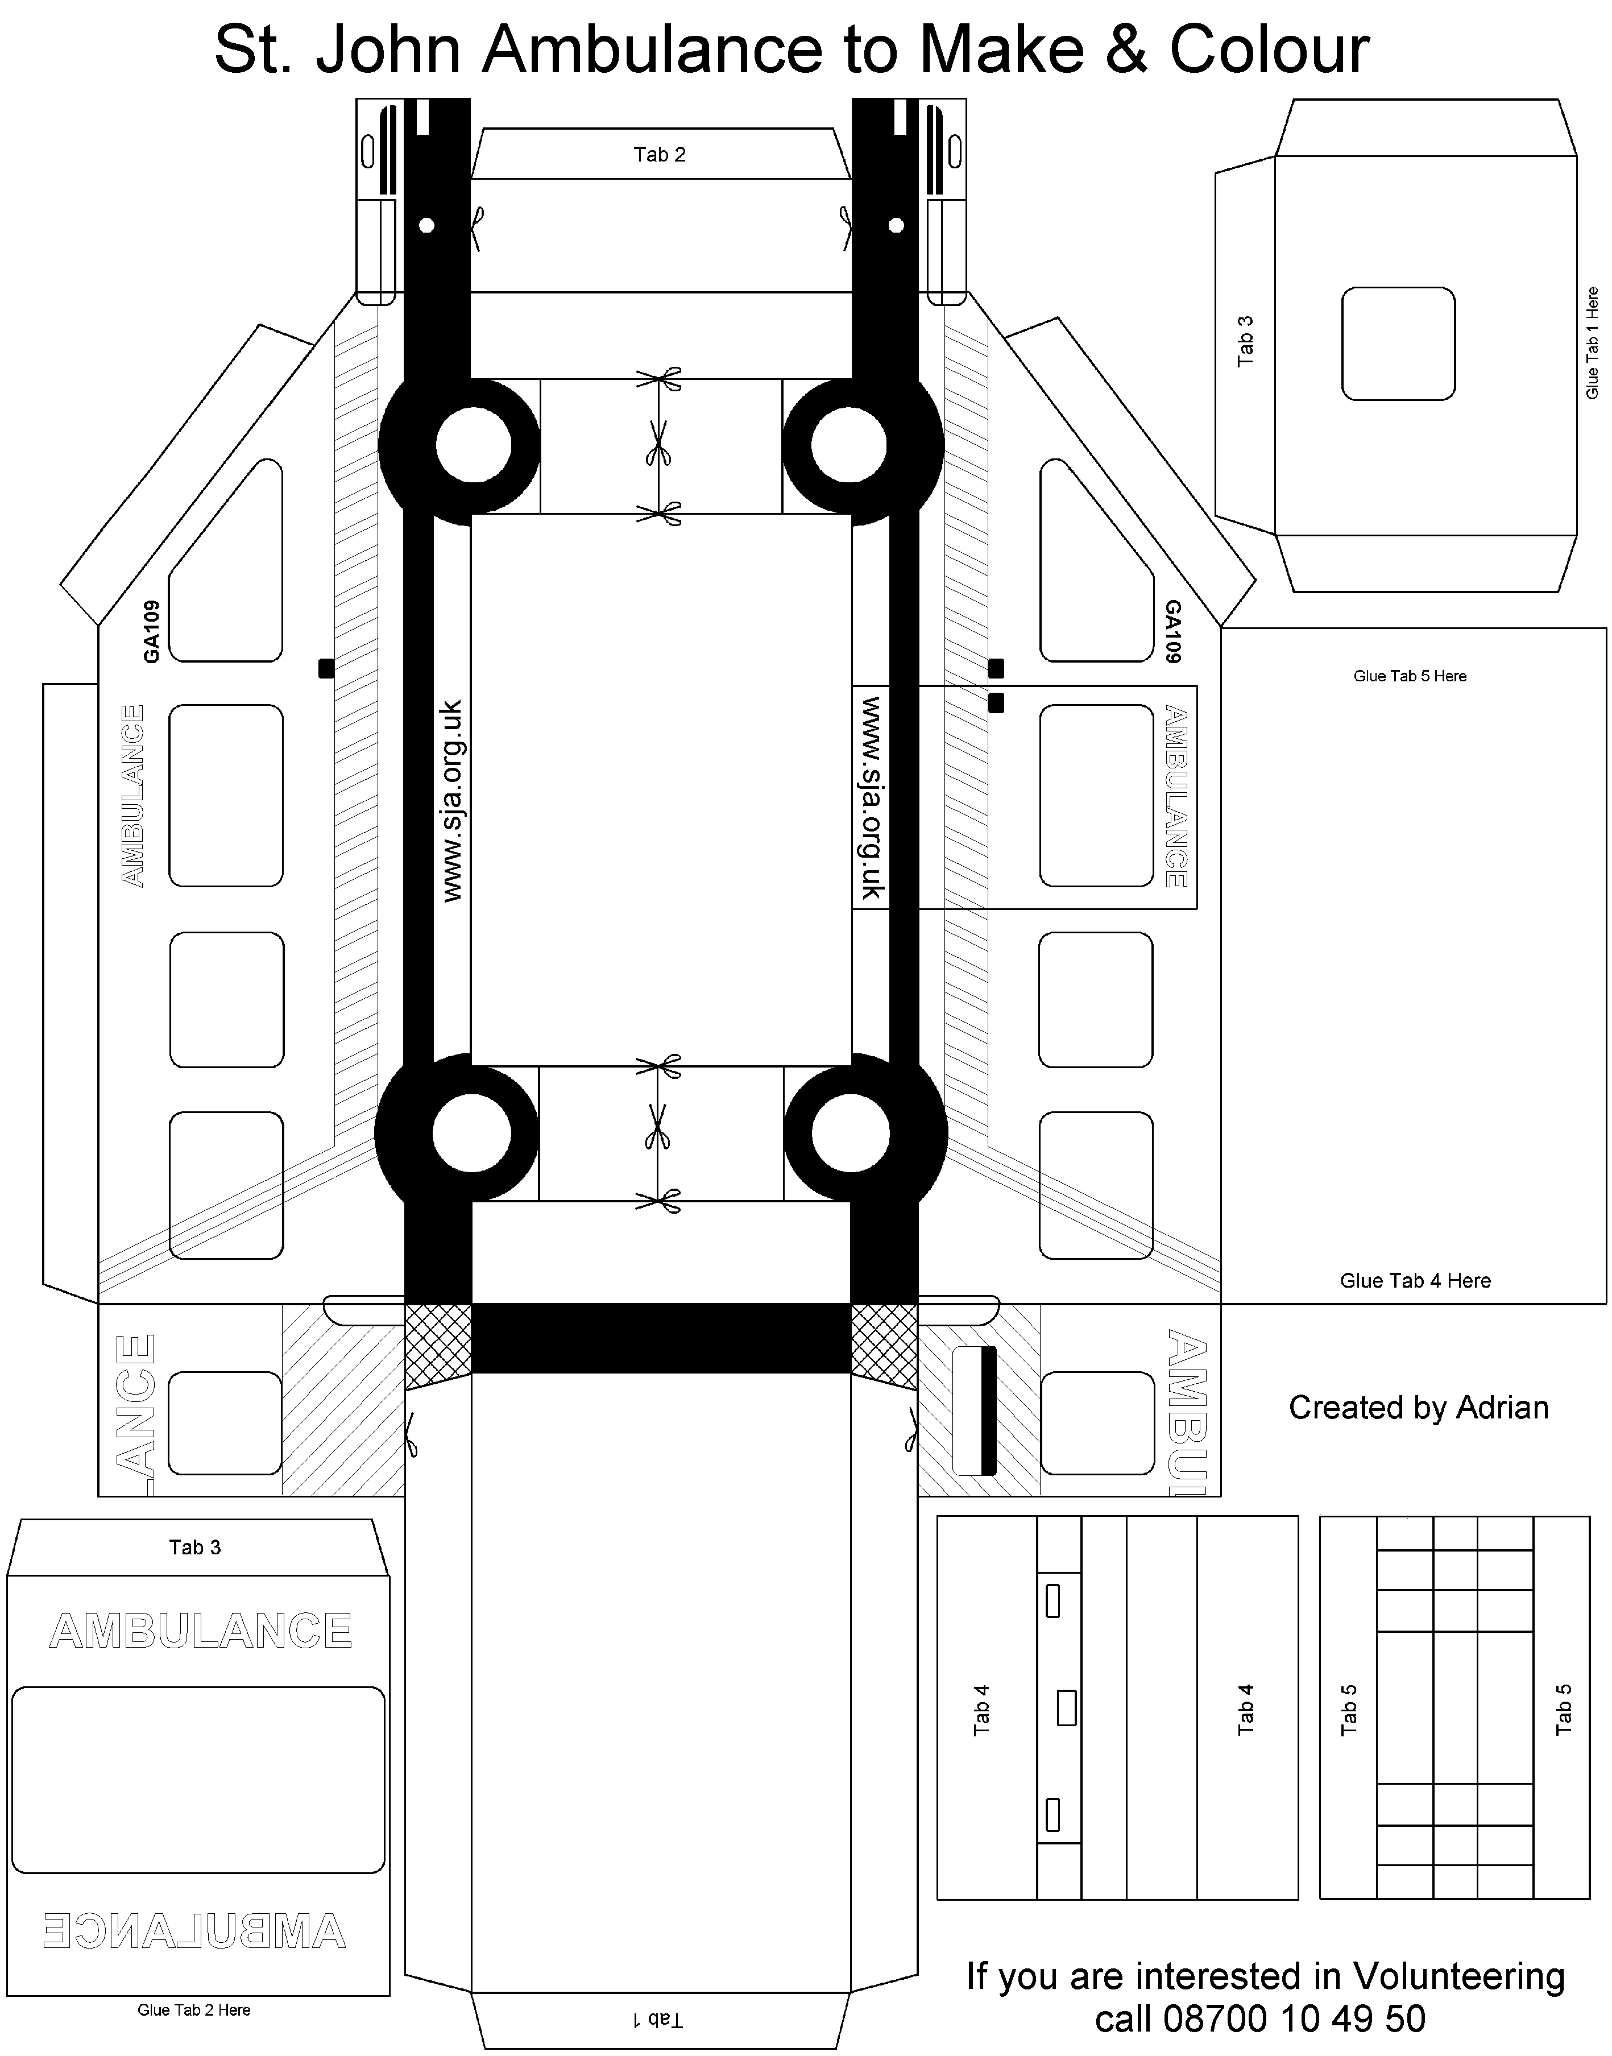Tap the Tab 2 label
pyautogui.click(x=659, y=155)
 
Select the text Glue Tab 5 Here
pyautogui.click(x=1410, y=676)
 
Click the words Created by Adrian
pyautogui.click(x=1419, y=1408)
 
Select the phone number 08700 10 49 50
pyautogui.click(x=1294, y=2019)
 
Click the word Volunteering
pyautogui.click(x=1459, y=1978)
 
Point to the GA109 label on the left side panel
pyautogui.click(x=151, y=631)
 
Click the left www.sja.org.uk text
pyautogui.click(x=452, y=800)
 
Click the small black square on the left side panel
pyautogui.click(x=326, y=668)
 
